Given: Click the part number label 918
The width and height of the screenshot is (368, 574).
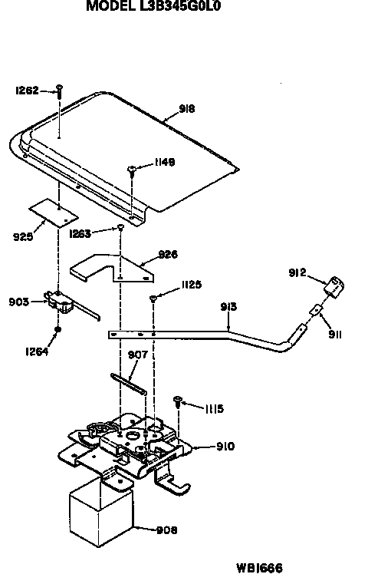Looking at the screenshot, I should point(186,109).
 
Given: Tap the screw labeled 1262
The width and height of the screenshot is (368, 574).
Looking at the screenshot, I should point(60,91).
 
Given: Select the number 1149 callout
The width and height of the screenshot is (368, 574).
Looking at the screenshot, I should point(164,162).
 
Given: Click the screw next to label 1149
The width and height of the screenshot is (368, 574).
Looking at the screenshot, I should point(133,168).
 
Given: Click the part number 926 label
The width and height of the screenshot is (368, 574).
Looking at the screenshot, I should point(167,254).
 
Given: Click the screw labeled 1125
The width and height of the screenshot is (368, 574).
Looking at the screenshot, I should point(154,297).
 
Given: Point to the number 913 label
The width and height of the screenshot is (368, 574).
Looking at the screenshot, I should point(228,307).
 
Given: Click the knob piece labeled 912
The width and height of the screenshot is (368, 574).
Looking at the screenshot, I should point(333,288).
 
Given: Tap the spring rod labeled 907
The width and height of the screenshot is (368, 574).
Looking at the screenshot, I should point(129,381).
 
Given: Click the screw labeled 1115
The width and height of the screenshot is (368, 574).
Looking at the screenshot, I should point(178,401).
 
